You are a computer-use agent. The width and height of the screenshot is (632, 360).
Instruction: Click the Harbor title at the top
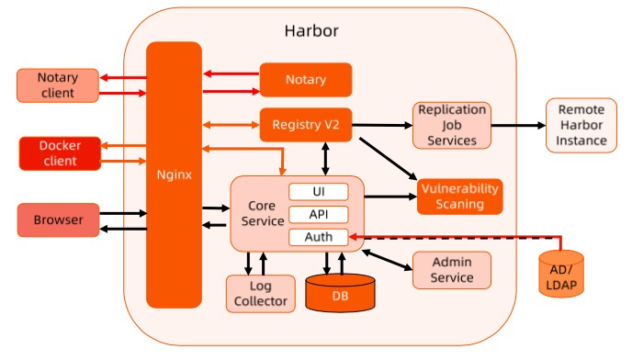(x=311, y=30)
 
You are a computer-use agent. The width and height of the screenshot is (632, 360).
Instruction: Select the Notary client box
(x=57, y=84)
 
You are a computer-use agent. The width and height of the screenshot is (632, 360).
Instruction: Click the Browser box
(x=57, y=220)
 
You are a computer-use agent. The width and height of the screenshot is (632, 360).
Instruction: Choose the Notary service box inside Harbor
(x=306, y=80)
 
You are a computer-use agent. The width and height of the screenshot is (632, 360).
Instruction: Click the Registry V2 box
(x=306, y=124)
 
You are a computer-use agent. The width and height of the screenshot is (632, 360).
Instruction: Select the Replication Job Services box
(x=451, y=125)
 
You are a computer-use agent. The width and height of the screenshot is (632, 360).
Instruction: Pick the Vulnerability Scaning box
(x=459, y=196)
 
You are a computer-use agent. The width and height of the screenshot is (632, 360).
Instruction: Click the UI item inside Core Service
(x=319, y=192)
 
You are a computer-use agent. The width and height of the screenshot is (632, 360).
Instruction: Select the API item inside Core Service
(x=319, y=215)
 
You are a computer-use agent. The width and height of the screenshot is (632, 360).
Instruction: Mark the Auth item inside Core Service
(x=319, y=237)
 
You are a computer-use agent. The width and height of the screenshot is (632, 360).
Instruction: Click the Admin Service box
(x=451, y=270)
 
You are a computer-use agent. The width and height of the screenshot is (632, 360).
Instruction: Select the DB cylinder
(x=340, y=294)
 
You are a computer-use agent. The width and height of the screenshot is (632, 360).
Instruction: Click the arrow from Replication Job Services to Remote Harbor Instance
(x=518, y=125)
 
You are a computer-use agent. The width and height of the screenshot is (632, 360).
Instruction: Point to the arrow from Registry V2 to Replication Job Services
(x=382, y=125)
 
